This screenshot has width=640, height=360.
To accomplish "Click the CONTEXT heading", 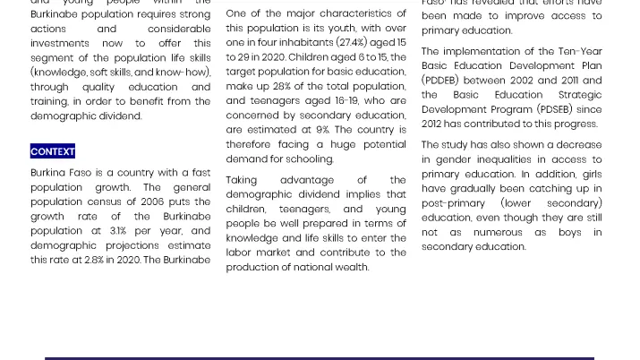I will (x=53, y=151).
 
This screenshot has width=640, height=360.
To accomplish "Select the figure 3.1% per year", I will (x=118, y=231).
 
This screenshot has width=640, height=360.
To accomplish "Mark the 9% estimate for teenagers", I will (x=322, y=130).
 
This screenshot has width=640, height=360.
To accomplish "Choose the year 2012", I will (x=432, y=124).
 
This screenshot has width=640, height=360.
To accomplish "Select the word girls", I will (x=592, y=175).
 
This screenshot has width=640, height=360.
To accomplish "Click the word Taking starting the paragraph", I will (x=242, y=180).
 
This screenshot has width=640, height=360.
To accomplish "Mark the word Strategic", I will (x=580, y=95).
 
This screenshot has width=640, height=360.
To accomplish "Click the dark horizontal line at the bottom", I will (x=320, y=357).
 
